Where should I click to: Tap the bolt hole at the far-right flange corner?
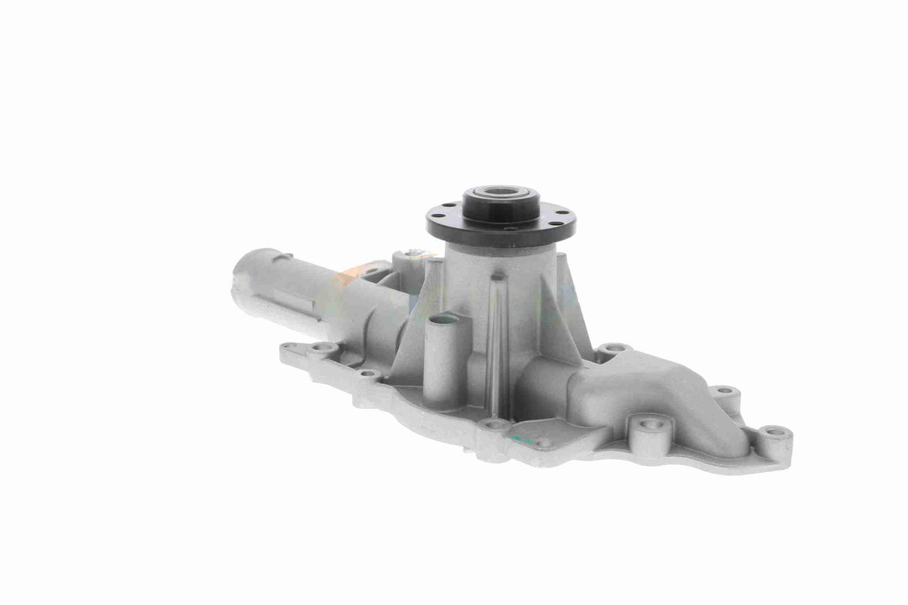776,432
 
